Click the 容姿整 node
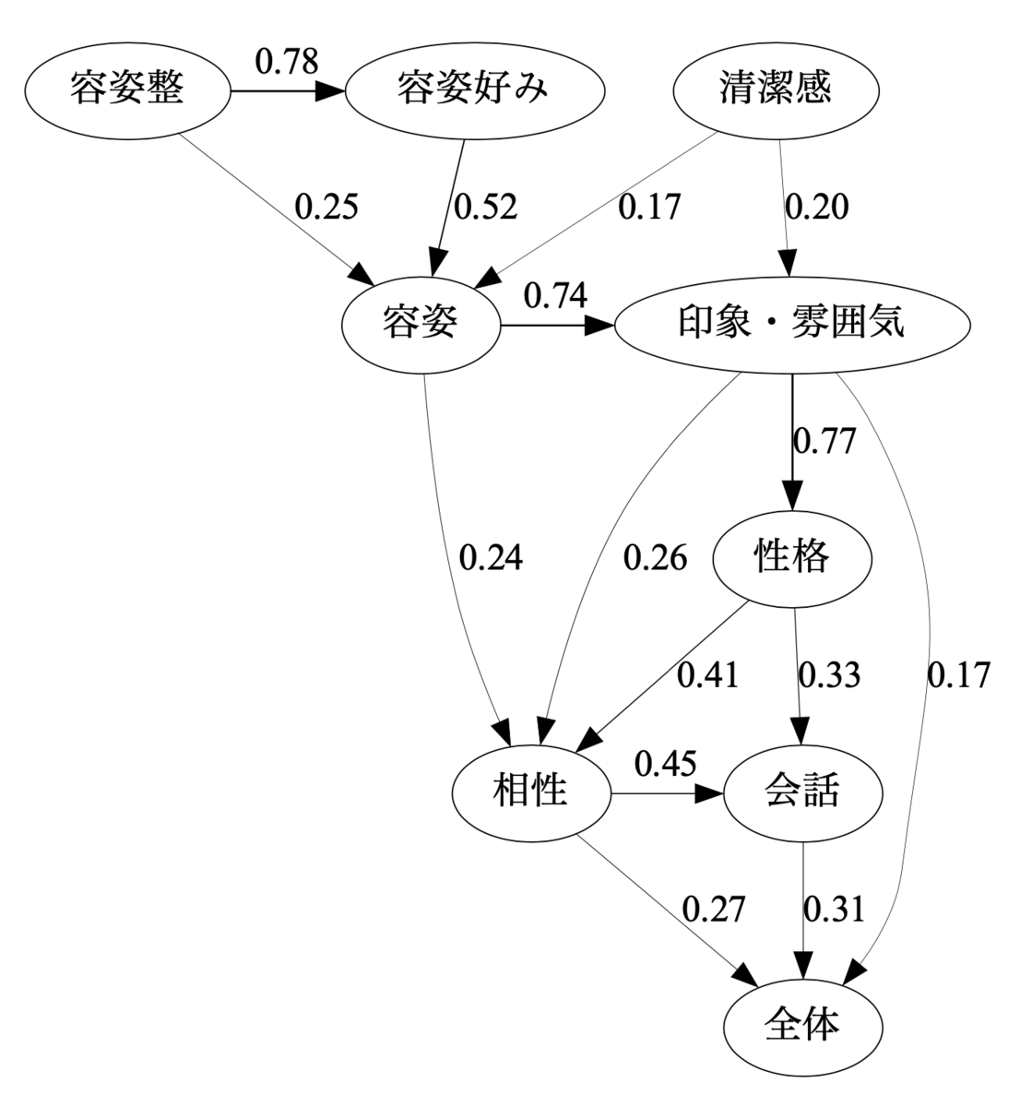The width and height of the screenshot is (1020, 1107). [127, 91]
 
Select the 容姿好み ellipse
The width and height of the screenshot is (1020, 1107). [475, 91]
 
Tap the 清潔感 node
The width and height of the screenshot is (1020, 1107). [776, 91]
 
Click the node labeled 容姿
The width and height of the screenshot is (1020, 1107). [421, 325]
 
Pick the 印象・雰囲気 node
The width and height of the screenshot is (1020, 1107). [792, 325]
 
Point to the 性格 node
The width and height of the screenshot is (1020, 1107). [792, 560]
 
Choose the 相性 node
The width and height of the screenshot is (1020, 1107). [531, 793]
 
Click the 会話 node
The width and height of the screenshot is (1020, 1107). [802, 793]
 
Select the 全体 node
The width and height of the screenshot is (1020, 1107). [802, 1028]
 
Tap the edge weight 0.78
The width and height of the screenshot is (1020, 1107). [287, 61]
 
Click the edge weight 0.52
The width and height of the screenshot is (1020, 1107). [486, 207]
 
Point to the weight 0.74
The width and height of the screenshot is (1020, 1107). [555, 295]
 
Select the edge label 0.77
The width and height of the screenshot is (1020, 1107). [824, 441]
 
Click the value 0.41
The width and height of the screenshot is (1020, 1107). [708, 675]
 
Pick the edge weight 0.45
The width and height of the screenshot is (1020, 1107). [665, 764]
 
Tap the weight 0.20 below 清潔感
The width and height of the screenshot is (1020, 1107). [816, 207]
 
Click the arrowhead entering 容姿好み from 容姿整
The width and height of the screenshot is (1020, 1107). [330, 91]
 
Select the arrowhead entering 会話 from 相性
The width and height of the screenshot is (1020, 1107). [708, 793]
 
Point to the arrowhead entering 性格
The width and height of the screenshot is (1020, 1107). [792, 496]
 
